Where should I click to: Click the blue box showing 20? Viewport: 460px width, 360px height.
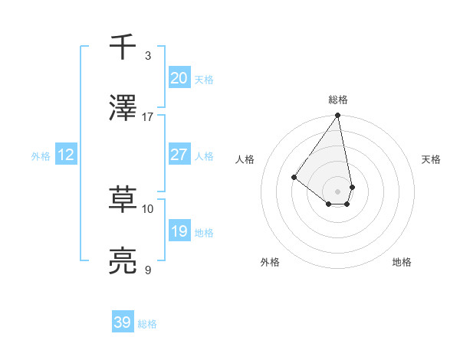click(179, 77)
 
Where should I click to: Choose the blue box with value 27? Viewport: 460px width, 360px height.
click(179, 155)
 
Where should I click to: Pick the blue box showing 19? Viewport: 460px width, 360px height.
click(179, 231)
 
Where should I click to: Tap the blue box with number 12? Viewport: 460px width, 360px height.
click(65, 155)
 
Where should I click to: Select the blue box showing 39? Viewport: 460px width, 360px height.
click(123, 322)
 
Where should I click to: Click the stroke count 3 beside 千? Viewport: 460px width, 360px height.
click(148, 55)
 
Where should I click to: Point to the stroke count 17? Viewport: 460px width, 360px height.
click(148, 116)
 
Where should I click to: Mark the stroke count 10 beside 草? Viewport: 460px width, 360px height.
click(148, 208)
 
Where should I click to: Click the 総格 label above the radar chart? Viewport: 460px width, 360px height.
click(338, 100)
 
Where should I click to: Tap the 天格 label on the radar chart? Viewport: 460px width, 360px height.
click(431, 159)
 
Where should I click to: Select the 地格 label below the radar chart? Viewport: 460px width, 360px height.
click(402, 262)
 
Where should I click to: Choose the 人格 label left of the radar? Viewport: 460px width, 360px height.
click(245, 159)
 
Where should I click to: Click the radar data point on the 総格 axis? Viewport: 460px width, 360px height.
click(337, 116)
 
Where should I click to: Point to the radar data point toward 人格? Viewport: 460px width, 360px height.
click(294, 177)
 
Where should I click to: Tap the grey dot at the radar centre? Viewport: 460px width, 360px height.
click(337, 191)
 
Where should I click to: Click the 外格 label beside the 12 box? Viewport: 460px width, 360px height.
click(41, 155)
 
